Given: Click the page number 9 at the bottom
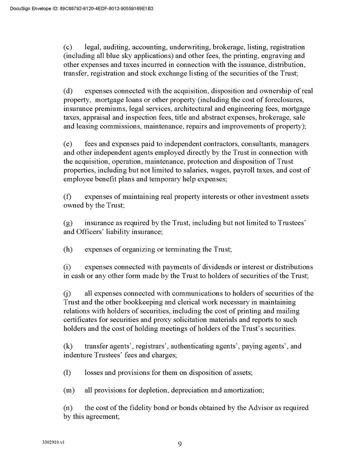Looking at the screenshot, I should pyautogui.click(x=179, y=443).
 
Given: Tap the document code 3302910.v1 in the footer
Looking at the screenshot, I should pyautogui.click(x=53, y=442).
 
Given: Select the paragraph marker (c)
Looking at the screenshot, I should pyautogui.click(x=68, y=47).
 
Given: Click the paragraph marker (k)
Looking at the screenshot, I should pyautogui.click(x=68, y=346).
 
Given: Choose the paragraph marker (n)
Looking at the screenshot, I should pyautogui.click(x=68, y=408).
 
